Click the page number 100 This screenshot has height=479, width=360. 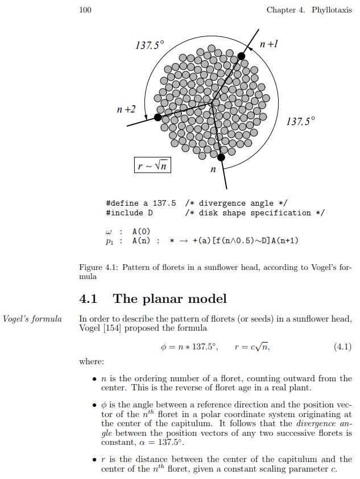(x=85, y=10)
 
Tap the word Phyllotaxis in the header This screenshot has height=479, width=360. (x=332, y=10)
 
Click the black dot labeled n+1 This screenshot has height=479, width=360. (x=241, y=56)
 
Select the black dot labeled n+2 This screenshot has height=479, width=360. (x=158, y=117)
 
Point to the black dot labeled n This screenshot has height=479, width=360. (x=221, y=157)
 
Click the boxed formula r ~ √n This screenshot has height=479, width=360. (x=152, y=165)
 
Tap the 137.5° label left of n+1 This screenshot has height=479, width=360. (x=149, y=45)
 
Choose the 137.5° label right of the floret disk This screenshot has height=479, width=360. (x=300, y=122)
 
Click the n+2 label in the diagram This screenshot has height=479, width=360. (x=126, y=109)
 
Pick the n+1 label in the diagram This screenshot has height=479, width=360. (x=268, y=44)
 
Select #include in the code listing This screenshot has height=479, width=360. (x=125, y=213)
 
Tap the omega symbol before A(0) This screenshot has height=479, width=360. (x=108, y=232)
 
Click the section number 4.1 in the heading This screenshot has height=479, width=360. (x=88, y=298)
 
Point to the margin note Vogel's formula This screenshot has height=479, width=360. (x=32, y=319)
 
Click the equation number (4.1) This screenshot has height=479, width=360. (x=342, y=347)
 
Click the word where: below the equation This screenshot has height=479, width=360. (x=92, y=362)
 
